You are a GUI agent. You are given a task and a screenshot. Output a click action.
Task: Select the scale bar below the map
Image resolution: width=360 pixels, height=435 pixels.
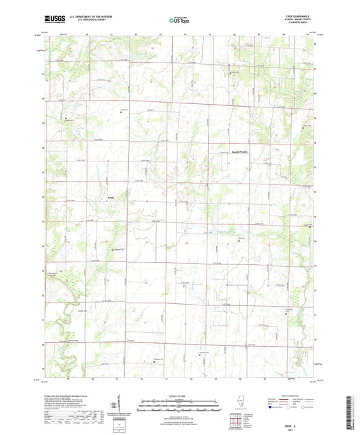[180, 407]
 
